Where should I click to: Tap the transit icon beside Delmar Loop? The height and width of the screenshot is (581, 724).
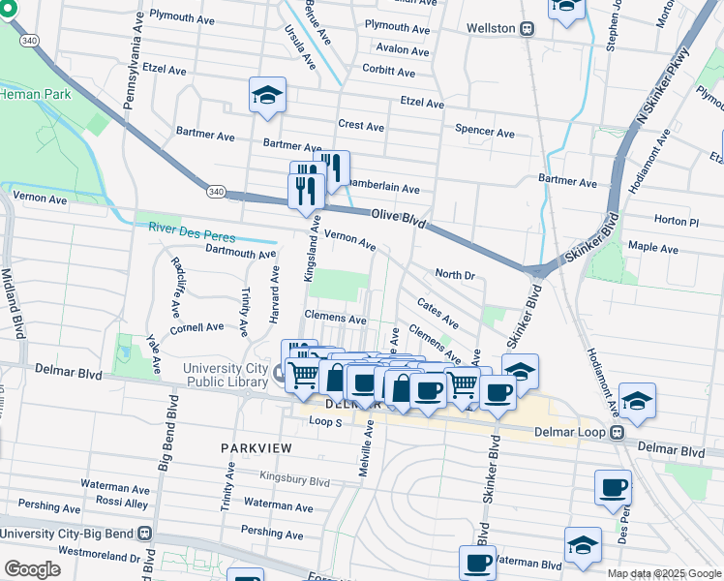coord(618,433)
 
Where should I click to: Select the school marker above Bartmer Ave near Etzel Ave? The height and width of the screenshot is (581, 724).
coord(267,96)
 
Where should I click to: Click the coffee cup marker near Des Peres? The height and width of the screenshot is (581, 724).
coord(612,487)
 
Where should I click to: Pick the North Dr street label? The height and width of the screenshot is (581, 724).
coord(454,275)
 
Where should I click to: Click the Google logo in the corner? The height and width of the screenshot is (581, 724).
coord(32,569)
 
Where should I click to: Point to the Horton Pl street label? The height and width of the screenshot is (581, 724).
coord(677,221)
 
